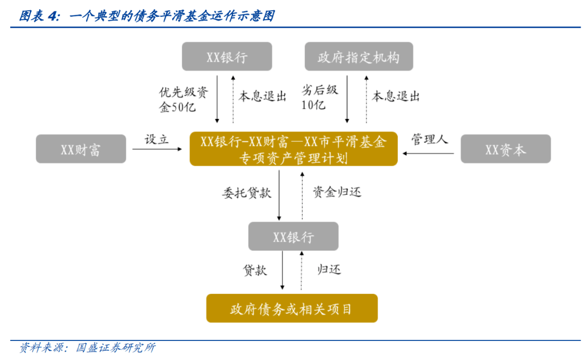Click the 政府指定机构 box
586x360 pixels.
click(x=359, y=56)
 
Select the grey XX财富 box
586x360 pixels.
click(x=81, y=149)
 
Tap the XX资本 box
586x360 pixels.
click(x=506, y=149)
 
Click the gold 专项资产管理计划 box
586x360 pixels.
click(x=294, y=149)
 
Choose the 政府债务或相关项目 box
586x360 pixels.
click(x=292, y=308)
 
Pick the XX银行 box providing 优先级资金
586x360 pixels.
click(x=227, y=56)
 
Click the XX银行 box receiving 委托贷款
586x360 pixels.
click(x=294, y=236)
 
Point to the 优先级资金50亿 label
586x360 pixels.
click(x=183, y=99)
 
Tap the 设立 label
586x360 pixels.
click(x=157, y=140)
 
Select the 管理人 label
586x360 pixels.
click(x=429, y=139)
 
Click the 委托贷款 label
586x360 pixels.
click(x=247, y=193)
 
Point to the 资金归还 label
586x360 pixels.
click(x=337, y=192)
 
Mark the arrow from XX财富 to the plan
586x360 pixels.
click(x=157, y=149)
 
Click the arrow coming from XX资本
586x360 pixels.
click(x=428, y=153)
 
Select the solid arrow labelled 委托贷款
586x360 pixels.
click(x=279, y=195)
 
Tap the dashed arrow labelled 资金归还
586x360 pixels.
click(x=302, y=195)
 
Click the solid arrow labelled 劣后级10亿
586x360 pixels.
click(x=347, y=99)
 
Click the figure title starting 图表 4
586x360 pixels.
click(x=147, y=16)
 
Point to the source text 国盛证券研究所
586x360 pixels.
click(x=116, y=348)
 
